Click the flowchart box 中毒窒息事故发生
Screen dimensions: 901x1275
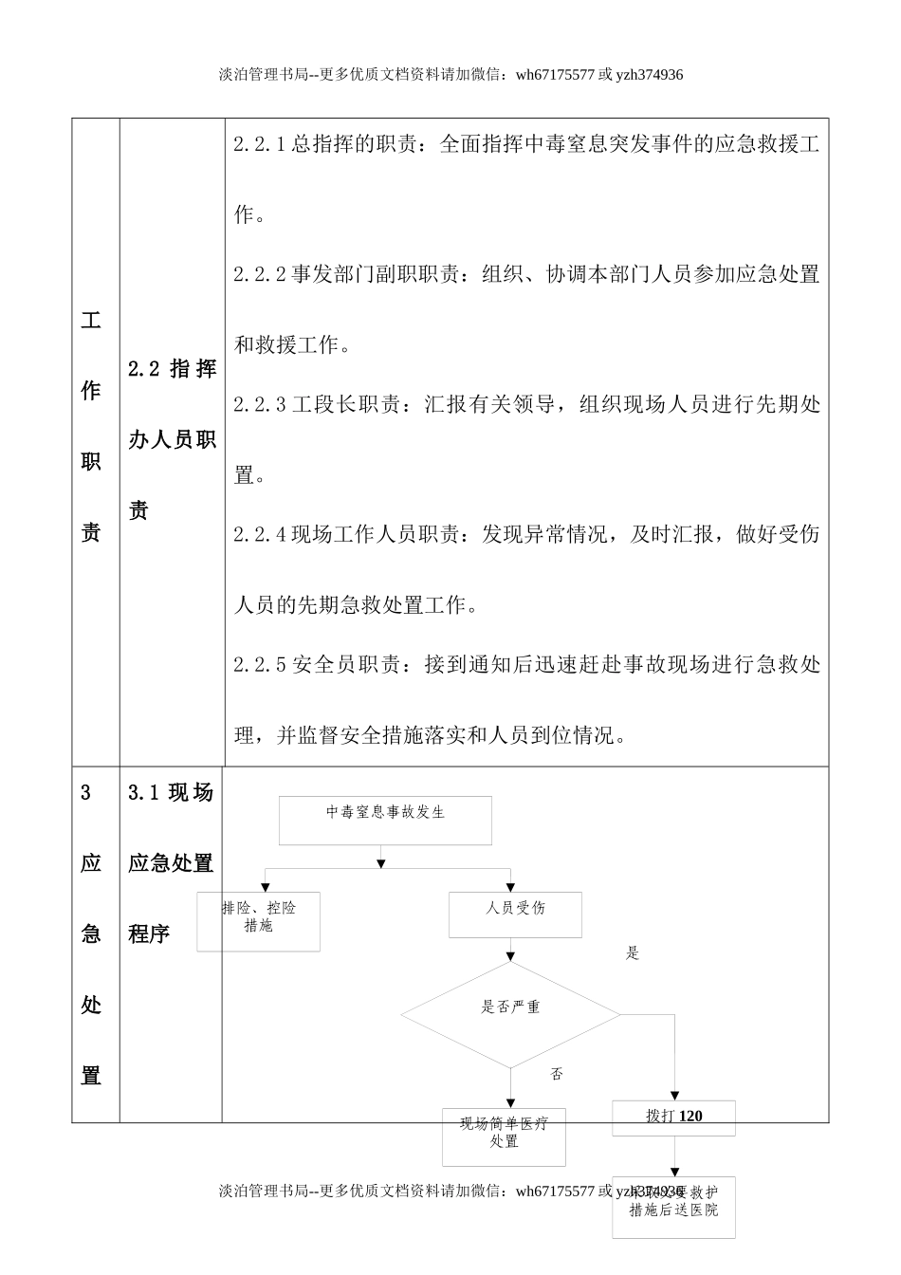(x=385, y=820)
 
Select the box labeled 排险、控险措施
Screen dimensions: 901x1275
(x=258, y=920)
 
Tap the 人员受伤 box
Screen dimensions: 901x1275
(x=515, y=914)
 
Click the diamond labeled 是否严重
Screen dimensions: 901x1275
(x=510, y=1014)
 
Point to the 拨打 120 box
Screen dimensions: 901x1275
(x=673, y=1117)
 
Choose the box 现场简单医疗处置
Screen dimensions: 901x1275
(x=504, y=1136)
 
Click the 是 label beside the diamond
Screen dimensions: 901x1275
(x=633, y=953)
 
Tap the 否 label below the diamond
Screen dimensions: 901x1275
(x=557, y=1074)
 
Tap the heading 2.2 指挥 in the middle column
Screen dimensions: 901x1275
(x=172, y=369)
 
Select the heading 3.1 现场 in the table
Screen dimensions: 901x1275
(x=171, y=792)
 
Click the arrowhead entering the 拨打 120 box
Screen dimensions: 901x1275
(x=675, y=1096)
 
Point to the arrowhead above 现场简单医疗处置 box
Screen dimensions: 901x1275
(x=511, y=1103)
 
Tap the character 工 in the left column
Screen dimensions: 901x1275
(x=91, y=320)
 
